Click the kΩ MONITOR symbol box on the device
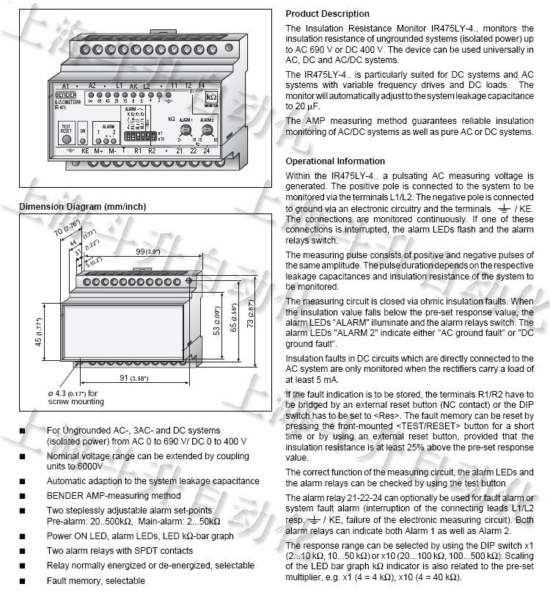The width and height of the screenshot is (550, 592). coord(211,98)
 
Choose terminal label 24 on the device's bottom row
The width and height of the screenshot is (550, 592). coord(208,150)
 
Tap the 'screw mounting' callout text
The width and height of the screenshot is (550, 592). coord(76,401)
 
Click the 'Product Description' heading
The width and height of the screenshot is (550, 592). coord(327,14)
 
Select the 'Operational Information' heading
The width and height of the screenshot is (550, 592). coord(334,161)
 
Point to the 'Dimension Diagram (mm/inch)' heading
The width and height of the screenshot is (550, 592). coord(82,207)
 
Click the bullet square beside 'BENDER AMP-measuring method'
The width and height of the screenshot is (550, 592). coord(22,496)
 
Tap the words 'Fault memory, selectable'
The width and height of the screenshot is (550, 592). coord(95,580)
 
